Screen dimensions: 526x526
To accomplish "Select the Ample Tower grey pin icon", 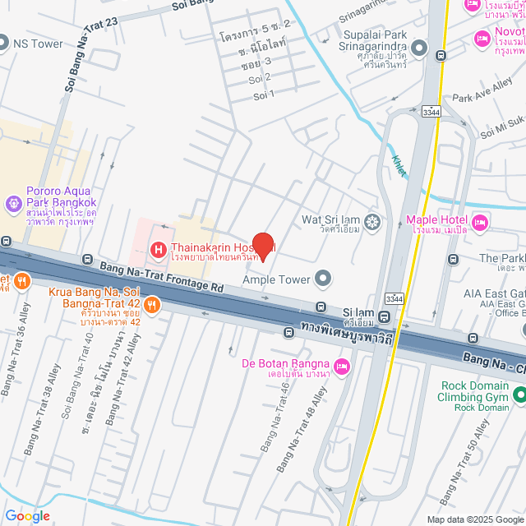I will point(323,279).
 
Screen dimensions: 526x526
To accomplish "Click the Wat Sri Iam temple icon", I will point(373,221).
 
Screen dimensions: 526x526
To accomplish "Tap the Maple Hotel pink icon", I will point(479,221).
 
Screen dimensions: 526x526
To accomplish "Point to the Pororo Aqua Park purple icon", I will point(13,202).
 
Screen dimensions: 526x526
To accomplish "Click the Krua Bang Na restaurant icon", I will point(153,306).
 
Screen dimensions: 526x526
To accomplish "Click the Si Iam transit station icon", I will point(385,316).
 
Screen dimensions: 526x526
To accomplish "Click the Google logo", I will point(26,515).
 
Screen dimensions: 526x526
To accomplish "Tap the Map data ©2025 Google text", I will point(474,519).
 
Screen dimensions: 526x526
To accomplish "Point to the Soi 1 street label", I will point(262,95).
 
